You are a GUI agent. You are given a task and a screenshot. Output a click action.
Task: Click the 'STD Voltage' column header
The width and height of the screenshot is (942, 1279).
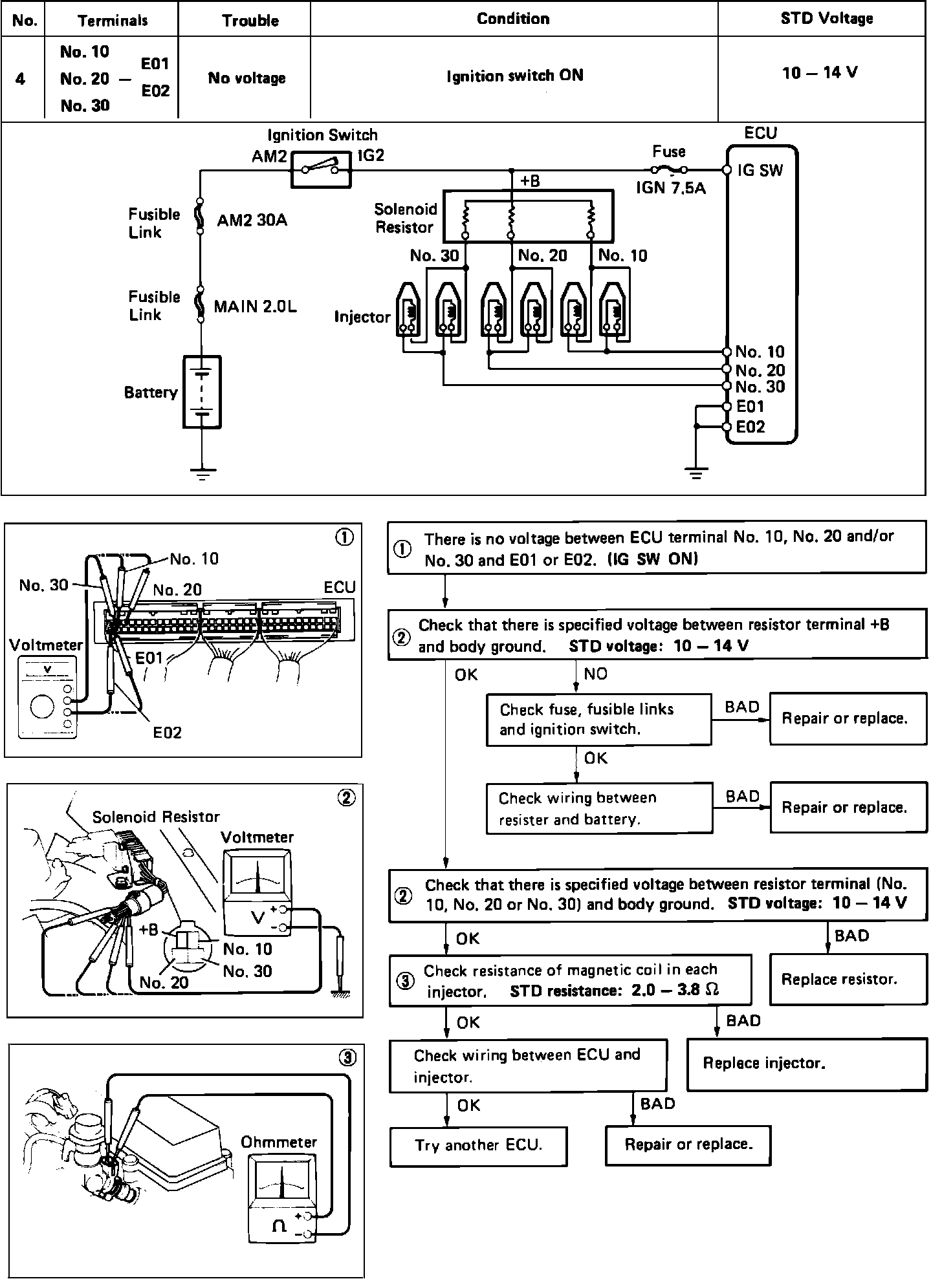click(826, 19)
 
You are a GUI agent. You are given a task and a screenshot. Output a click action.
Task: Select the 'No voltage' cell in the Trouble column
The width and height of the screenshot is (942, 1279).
click(246, 78)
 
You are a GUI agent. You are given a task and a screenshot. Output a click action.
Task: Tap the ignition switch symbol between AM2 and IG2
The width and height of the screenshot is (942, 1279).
click(321, 170)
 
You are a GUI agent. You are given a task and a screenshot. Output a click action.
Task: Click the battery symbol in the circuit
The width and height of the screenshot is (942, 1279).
click(202, 392)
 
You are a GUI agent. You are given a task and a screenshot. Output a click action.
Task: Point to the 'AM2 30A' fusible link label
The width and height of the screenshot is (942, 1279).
click(252, 220)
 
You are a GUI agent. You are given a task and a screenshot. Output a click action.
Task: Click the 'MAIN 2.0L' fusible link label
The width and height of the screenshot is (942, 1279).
click(255, 306)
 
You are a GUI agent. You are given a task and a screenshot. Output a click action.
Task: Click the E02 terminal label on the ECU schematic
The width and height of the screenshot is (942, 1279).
click(750, 427)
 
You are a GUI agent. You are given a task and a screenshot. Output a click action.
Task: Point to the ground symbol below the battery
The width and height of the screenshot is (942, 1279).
click(202, 475)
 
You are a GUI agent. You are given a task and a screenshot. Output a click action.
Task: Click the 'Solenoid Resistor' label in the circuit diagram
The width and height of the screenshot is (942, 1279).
click(406, 218)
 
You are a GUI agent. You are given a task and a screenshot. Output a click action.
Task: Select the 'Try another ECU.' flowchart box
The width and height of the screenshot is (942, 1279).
click(478, 1145)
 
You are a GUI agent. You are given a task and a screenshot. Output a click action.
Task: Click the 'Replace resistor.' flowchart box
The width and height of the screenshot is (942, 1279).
click(848, 979)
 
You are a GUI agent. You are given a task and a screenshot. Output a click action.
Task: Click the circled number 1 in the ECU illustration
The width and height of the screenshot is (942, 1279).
click(345, 538)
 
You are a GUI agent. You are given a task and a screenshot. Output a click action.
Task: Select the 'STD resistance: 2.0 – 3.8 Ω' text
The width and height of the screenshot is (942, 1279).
click(614, 991)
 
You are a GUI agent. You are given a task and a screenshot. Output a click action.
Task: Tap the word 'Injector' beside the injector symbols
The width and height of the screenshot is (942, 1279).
click(362, 317)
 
